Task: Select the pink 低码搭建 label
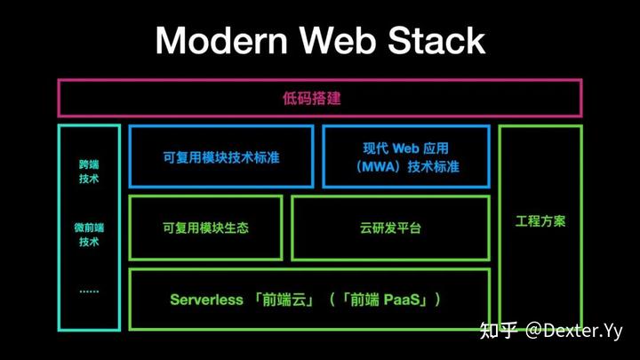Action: click(320, 98)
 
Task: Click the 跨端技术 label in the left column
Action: click(88, 172)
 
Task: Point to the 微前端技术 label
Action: click(88, 235)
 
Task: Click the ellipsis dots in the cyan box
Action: click(88, 291)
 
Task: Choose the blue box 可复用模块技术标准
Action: click(221, 156)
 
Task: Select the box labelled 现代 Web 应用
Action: click(405, 156)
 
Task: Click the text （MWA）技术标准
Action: click(405, 166)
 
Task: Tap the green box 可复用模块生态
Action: click(205, 228)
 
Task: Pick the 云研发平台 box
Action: click(391, 228)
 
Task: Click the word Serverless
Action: click(206, 300)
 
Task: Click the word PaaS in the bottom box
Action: click(396, 300)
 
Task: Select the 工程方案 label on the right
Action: click(540, 220)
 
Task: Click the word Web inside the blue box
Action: click(409, 148)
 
